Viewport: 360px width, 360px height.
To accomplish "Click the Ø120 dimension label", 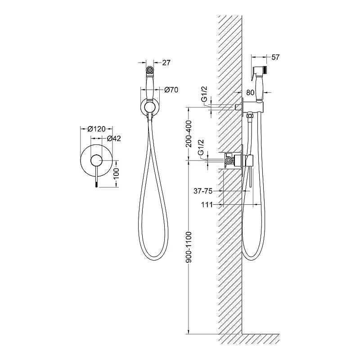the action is (x=96, y=129).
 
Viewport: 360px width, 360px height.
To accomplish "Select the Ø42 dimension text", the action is (x=114, y=139).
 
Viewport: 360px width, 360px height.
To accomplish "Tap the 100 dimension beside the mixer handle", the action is (x=117, y=173).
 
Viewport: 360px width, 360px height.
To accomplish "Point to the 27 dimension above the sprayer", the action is (x=166, y=63).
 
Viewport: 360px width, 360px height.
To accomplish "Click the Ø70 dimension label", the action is (x=171, y=90).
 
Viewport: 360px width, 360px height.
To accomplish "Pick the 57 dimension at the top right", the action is (x=275, y=57).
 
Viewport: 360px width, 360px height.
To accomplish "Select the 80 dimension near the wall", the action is (x=250, y=93).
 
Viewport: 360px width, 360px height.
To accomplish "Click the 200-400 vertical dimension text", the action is (x=189, y=134).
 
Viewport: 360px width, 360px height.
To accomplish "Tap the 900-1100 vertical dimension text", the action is (x=189, y=247).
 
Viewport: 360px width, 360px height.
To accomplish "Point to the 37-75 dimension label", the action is (x=203, y=191).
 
